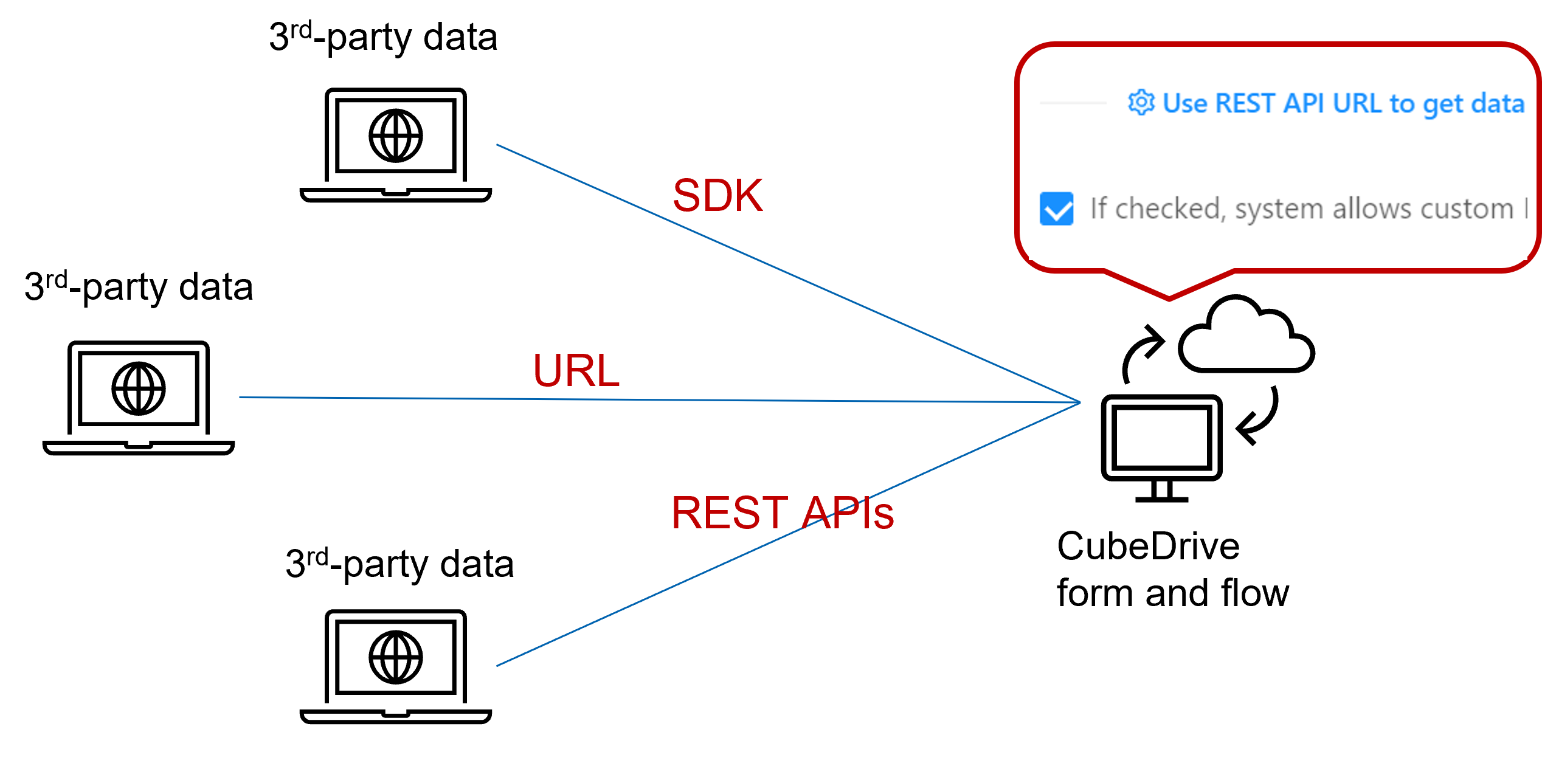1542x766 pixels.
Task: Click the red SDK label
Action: [x=717, y=196]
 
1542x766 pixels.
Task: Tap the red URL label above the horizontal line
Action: [x=576, y=370]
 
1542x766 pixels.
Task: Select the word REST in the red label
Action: [x=729, y=512]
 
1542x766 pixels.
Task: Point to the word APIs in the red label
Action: [x=848, y=512]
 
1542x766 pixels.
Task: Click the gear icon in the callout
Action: [x=1141, y=102]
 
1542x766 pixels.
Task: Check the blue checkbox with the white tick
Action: [x=1056, y=209]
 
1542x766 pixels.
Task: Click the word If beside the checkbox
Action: [x=1098, y=208]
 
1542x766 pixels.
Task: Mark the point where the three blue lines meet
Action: [x=1080, y=402]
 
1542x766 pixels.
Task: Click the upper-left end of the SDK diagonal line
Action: [x=497, y=145]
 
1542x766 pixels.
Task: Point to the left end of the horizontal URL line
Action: [x=240, y=398]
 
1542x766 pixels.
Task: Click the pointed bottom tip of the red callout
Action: [x=1169, y=299]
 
